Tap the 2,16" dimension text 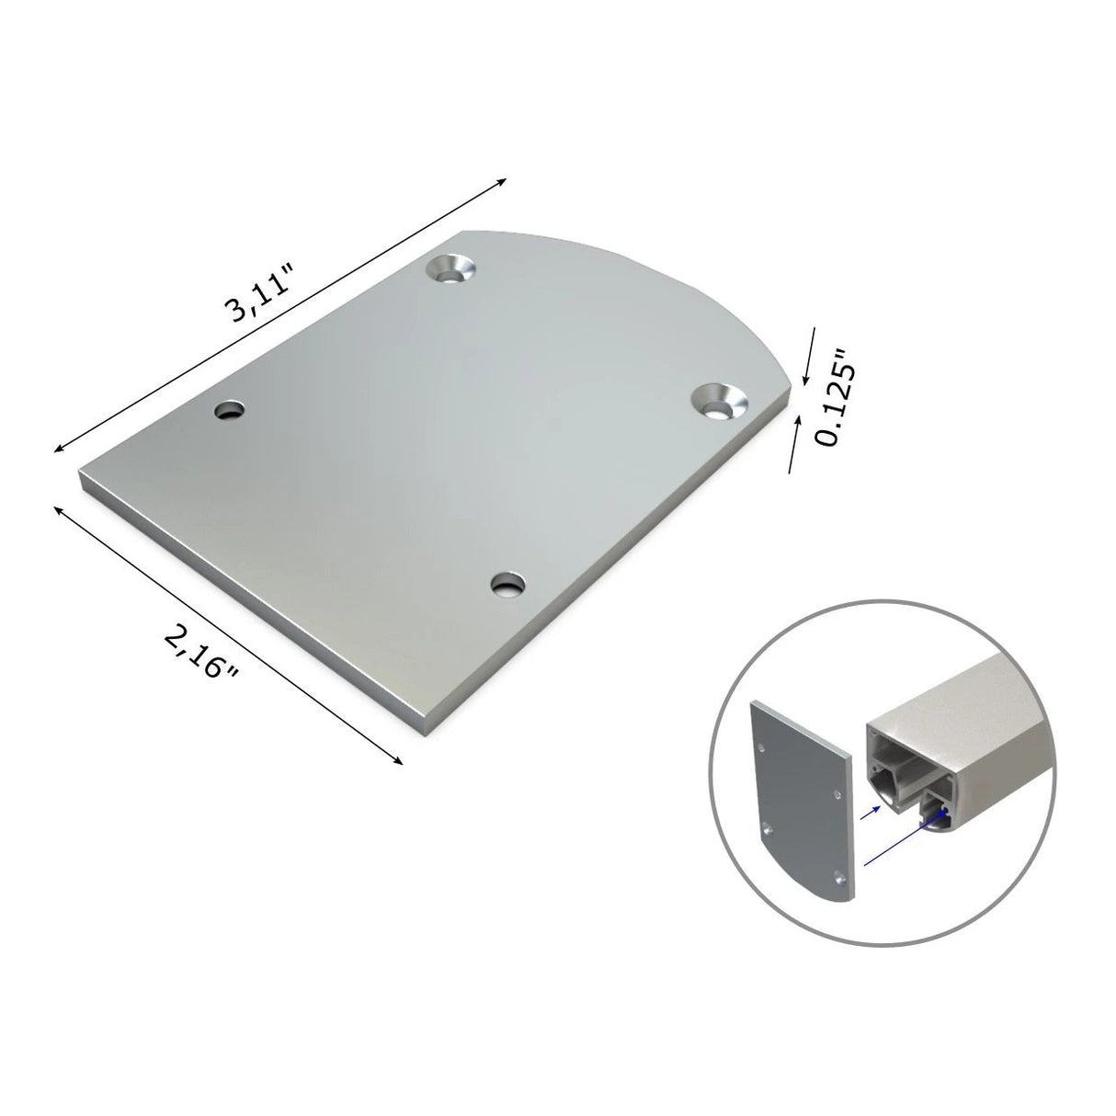(x=203, y=650)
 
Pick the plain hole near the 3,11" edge (x=230, y=411)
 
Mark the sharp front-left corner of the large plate (x=81, y=478)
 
